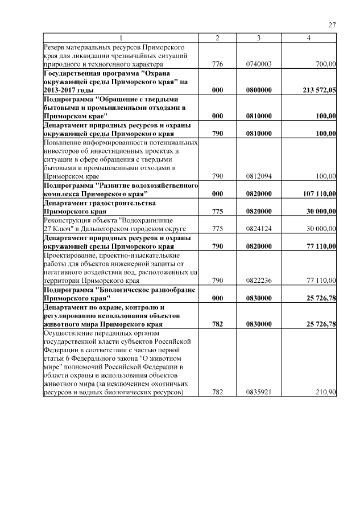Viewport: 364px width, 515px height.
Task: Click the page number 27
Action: (332, 24)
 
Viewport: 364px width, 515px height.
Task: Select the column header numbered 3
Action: (259, 38)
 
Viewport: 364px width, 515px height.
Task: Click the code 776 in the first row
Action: (217, 64)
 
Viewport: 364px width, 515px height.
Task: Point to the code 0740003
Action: (259, 64)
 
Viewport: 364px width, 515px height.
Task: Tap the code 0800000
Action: (259, 90)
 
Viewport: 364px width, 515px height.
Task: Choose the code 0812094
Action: (259, 177)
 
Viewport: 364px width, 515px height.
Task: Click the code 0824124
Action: (259, 229)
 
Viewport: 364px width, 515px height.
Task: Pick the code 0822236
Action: (259, 281)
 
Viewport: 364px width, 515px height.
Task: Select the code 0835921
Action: (259, 392)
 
